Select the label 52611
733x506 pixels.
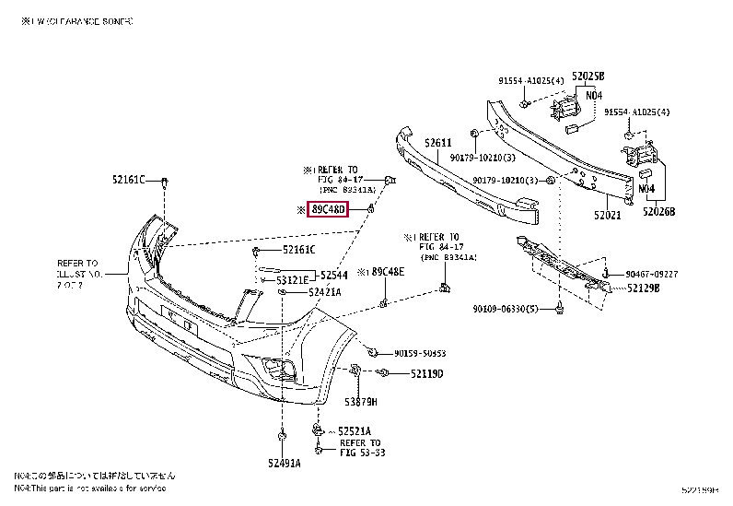click(x=437, y=143)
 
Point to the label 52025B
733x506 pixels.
click(x=587, y=76)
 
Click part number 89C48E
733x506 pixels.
click(x=387, y=272)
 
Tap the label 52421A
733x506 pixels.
click(x=324, y=291)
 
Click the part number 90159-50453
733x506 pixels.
click(x=420, y=353)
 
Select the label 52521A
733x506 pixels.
click(x=354, y=430)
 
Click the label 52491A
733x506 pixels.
click(x=284, y=463)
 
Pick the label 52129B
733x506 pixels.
click(x=644, y=288)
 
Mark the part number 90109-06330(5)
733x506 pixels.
click(x=506, y=308)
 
